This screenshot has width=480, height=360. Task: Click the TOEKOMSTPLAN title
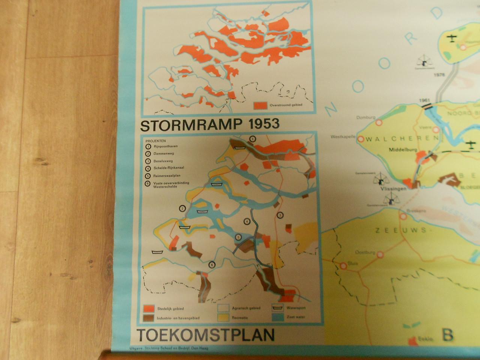[205, 334]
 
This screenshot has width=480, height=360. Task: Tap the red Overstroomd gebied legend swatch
[260, 106]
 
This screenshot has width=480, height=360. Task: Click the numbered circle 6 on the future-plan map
[212, 265]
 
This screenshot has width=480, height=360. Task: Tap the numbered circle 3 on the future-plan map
[280, 215]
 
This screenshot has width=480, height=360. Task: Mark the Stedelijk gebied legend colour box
[149, 309]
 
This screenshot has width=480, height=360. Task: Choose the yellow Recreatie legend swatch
[223, 318]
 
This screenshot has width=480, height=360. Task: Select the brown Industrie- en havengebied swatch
[149, 318]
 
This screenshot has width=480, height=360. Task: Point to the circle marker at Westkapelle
[361, 139]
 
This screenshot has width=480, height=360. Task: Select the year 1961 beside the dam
[425, 100]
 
